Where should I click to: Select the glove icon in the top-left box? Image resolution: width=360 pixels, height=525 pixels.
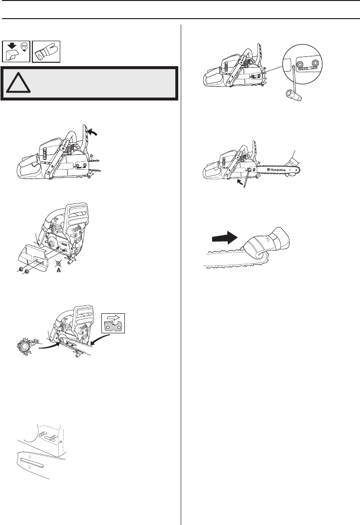click(46, 51)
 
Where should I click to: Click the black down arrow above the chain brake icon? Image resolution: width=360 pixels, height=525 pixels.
click(12, 45)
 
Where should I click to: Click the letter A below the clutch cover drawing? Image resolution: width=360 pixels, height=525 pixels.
click(59, 270)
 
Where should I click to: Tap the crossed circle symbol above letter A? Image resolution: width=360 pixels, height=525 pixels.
click(59, 264)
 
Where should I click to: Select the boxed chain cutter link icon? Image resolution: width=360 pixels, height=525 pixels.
click(113, 323)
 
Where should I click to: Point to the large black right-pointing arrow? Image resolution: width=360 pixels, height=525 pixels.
click(225, 238)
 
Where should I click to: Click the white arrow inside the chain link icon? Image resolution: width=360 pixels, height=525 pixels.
click(114, 318)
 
